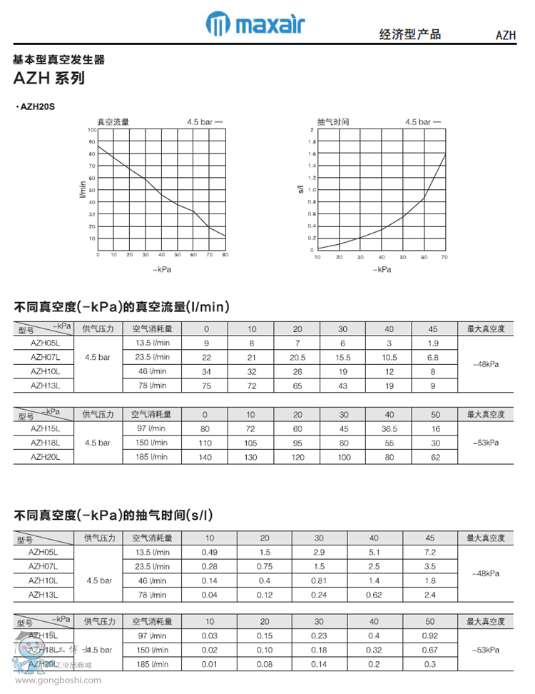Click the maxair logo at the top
coord(255,24)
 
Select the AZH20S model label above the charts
coord(36,106)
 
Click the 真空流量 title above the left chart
coord(113,122)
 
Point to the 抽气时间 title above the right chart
coord(332,122)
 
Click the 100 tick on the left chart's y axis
coord(91,130)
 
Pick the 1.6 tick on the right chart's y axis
coord(311,154)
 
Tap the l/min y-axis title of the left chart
coord(83,190)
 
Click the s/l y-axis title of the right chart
coord(301,190)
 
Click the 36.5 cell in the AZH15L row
coord(389,429)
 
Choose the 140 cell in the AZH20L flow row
coord(205,457)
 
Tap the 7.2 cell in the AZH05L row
coord(429,552)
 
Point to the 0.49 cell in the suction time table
coord(209,552)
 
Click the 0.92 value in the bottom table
coord(429,635)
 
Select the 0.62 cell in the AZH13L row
coord(374,594)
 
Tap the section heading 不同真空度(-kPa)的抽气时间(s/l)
coord(113,515)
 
